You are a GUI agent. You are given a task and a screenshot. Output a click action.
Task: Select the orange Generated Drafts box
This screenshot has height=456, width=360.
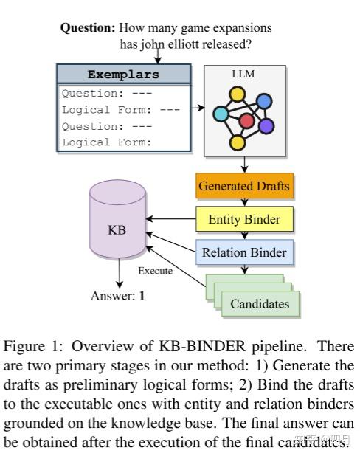click(243, 185)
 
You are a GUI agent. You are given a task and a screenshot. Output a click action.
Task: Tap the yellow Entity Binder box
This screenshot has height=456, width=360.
click(244, 219)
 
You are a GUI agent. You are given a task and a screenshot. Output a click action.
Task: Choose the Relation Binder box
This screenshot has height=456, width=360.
click(244, 252)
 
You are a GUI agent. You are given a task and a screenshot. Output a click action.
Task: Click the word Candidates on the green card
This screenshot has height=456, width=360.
click(260, 304)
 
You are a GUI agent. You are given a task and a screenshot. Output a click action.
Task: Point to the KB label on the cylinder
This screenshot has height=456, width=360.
click(117, 229)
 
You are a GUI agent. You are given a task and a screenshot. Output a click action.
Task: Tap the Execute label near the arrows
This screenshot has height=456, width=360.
click(155, 271)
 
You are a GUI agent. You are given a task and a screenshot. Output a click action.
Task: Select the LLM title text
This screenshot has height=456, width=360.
click(243, 73)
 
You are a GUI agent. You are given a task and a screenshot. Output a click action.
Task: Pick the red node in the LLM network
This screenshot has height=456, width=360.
click(246, 120)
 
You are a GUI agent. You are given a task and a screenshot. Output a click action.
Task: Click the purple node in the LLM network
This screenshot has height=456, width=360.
click(266, 125)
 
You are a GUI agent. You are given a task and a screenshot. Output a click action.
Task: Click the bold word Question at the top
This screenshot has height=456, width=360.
click(87, 28)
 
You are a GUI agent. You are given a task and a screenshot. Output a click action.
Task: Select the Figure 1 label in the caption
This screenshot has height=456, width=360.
click(27, 345)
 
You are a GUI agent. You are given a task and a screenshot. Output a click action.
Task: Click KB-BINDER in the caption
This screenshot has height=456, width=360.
click(152, 345)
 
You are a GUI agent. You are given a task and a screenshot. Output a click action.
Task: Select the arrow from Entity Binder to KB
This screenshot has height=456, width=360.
click(170, 219)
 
